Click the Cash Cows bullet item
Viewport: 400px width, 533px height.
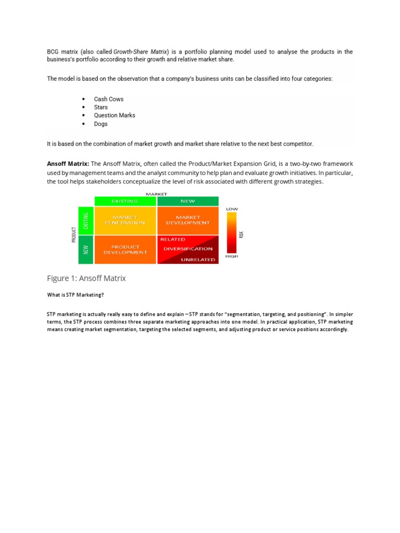(108, 99)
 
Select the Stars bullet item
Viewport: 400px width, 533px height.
(101, 107)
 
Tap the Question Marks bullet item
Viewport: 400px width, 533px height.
(114, 116)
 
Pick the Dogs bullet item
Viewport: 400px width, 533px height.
(101, 124)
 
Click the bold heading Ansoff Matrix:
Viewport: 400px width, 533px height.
(68, 163)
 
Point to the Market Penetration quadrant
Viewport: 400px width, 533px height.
(125, 220)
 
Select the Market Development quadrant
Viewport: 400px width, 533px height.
(188, 220)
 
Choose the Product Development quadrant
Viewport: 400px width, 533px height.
(125, 250)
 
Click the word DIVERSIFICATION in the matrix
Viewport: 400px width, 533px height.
(188, 249)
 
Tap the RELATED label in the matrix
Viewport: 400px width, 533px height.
(172, 239)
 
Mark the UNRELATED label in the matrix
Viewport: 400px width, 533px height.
(197, 260)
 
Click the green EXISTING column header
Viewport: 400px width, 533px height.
(125, 201)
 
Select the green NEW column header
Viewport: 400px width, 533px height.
(188, 201)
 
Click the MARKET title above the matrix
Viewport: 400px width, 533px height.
(156, 194)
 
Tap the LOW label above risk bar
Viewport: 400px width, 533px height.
(232, 209)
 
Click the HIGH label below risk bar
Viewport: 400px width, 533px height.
(232, 257)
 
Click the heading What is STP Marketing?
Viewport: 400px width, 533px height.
(76, 295)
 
